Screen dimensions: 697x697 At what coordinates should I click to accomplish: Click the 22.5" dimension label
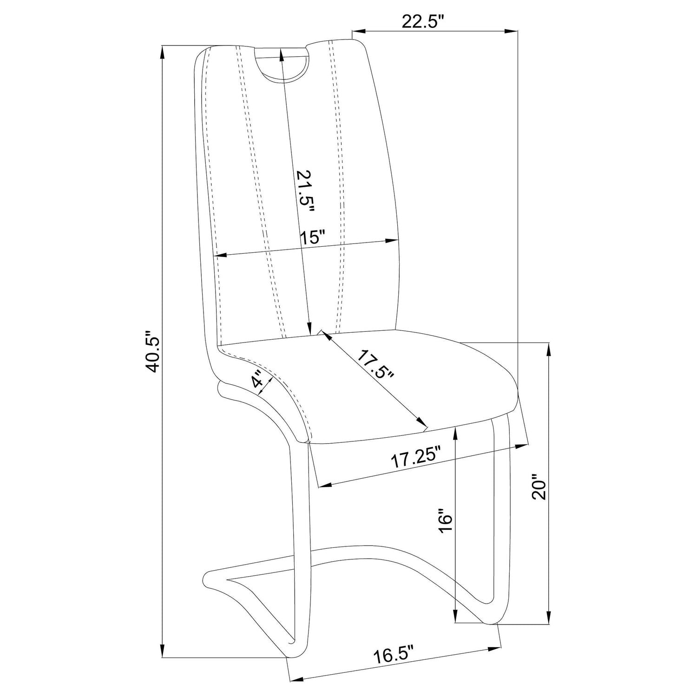(x=423, y=22)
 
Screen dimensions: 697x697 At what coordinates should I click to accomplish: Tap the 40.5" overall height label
(x=153, y=352)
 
